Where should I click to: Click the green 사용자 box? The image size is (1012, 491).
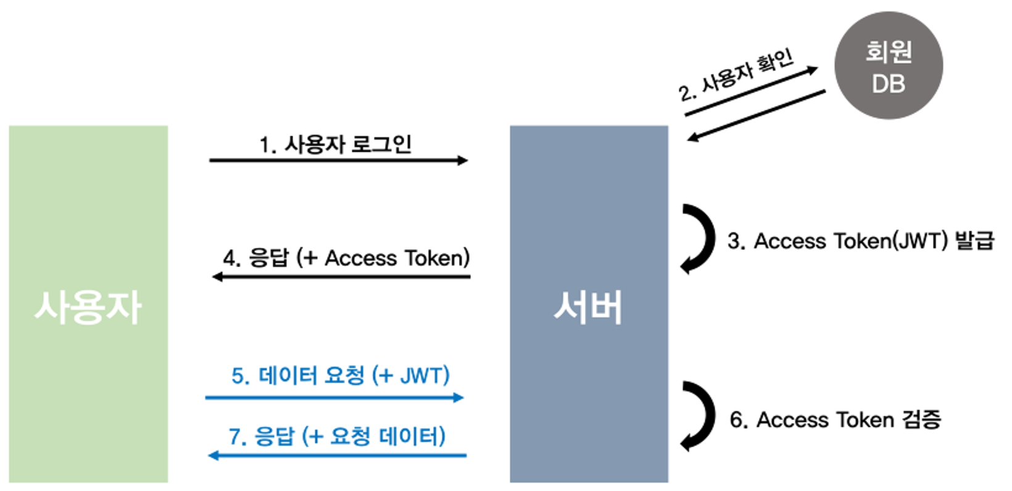[x=88, y=304]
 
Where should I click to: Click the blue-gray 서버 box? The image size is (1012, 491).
[x=588, y=304]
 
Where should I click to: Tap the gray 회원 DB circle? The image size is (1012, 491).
[x=888, y=65]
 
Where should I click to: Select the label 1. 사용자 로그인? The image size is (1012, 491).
[x=335, y=144]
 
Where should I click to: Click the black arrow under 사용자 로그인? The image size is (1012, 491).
[x=338, y=160]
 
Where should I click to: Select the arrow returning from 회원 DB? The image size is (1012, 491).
[x=757, y=115]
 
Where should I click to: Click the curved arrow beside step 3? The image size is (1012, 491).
[x=700, y=238]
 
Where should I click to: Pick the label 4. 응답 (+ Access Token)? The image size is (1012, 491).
[x=346, y=258]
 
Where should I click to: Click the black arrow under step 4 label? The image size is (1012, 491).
[x=341, y=277]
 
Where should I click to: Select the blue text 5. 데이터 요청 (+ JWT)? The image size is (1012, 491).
[x=340, y=375]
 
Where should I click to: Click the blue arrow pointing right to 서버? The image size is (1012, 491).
[x=334, y=398]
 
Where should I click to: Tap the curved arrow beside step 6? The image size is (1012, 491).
[x=700, y=416]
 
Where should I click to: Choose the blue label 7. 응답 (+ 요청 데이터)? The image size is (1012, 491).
[x=337, y=436]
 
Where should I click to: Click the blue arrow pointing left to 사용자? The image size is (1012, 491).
[x=337, y=456]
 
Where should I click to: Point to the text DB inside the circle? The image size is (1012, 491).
[x=888, y=84]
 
